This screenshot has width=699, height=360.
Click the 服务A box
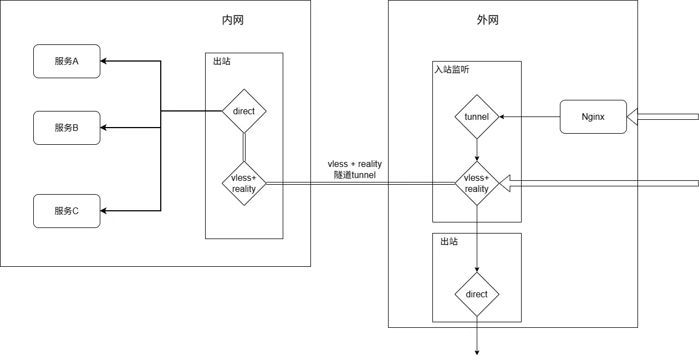[67, 61]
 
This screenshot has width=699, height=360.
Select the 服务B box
[67, 128]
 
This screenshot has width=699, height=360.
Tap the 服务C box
[67, 211]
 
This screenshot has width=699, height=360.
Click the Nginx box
[593, 116]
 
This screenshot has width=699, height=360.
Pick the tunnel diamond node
[477, 116]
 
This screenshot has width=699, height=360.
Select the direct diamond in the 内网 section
[244, 111]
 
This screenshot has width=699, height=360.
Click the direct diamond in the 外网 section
[477, 294]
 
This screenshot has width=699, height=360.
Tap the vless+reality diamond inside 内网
[244, 183]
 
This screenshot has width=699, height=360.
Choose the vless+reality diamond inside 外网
[477, 183]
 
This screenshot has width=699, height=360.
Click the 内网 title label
[229, 21]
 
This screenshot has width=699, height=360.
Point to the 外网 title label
[488, 21]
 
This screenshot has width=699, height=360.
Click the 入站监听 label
[452, 70]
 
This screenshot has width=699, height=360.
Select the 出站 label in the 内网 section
[222, 61]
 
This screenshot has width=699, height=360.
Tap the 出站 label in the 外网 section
[449, 242]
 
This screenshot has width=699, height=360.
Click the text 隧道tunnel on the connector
[355, 175]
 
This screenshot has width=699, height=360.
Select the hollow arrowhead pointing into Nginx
[632, 116]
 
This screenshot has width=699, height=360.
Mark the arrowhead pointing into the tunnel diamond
[502, 116]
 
